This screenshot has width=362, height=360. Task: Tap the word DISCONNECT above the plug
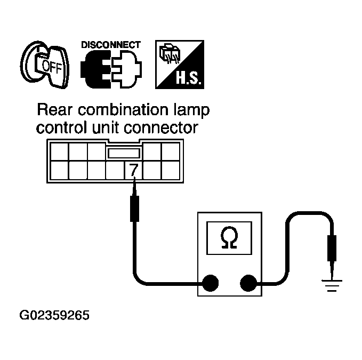(x=111, y=45)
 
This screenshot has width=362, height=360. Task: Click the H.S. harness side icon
(x=177, y=65)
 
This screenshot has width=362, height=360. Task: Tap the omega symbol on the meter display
(x=229, y=238)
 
